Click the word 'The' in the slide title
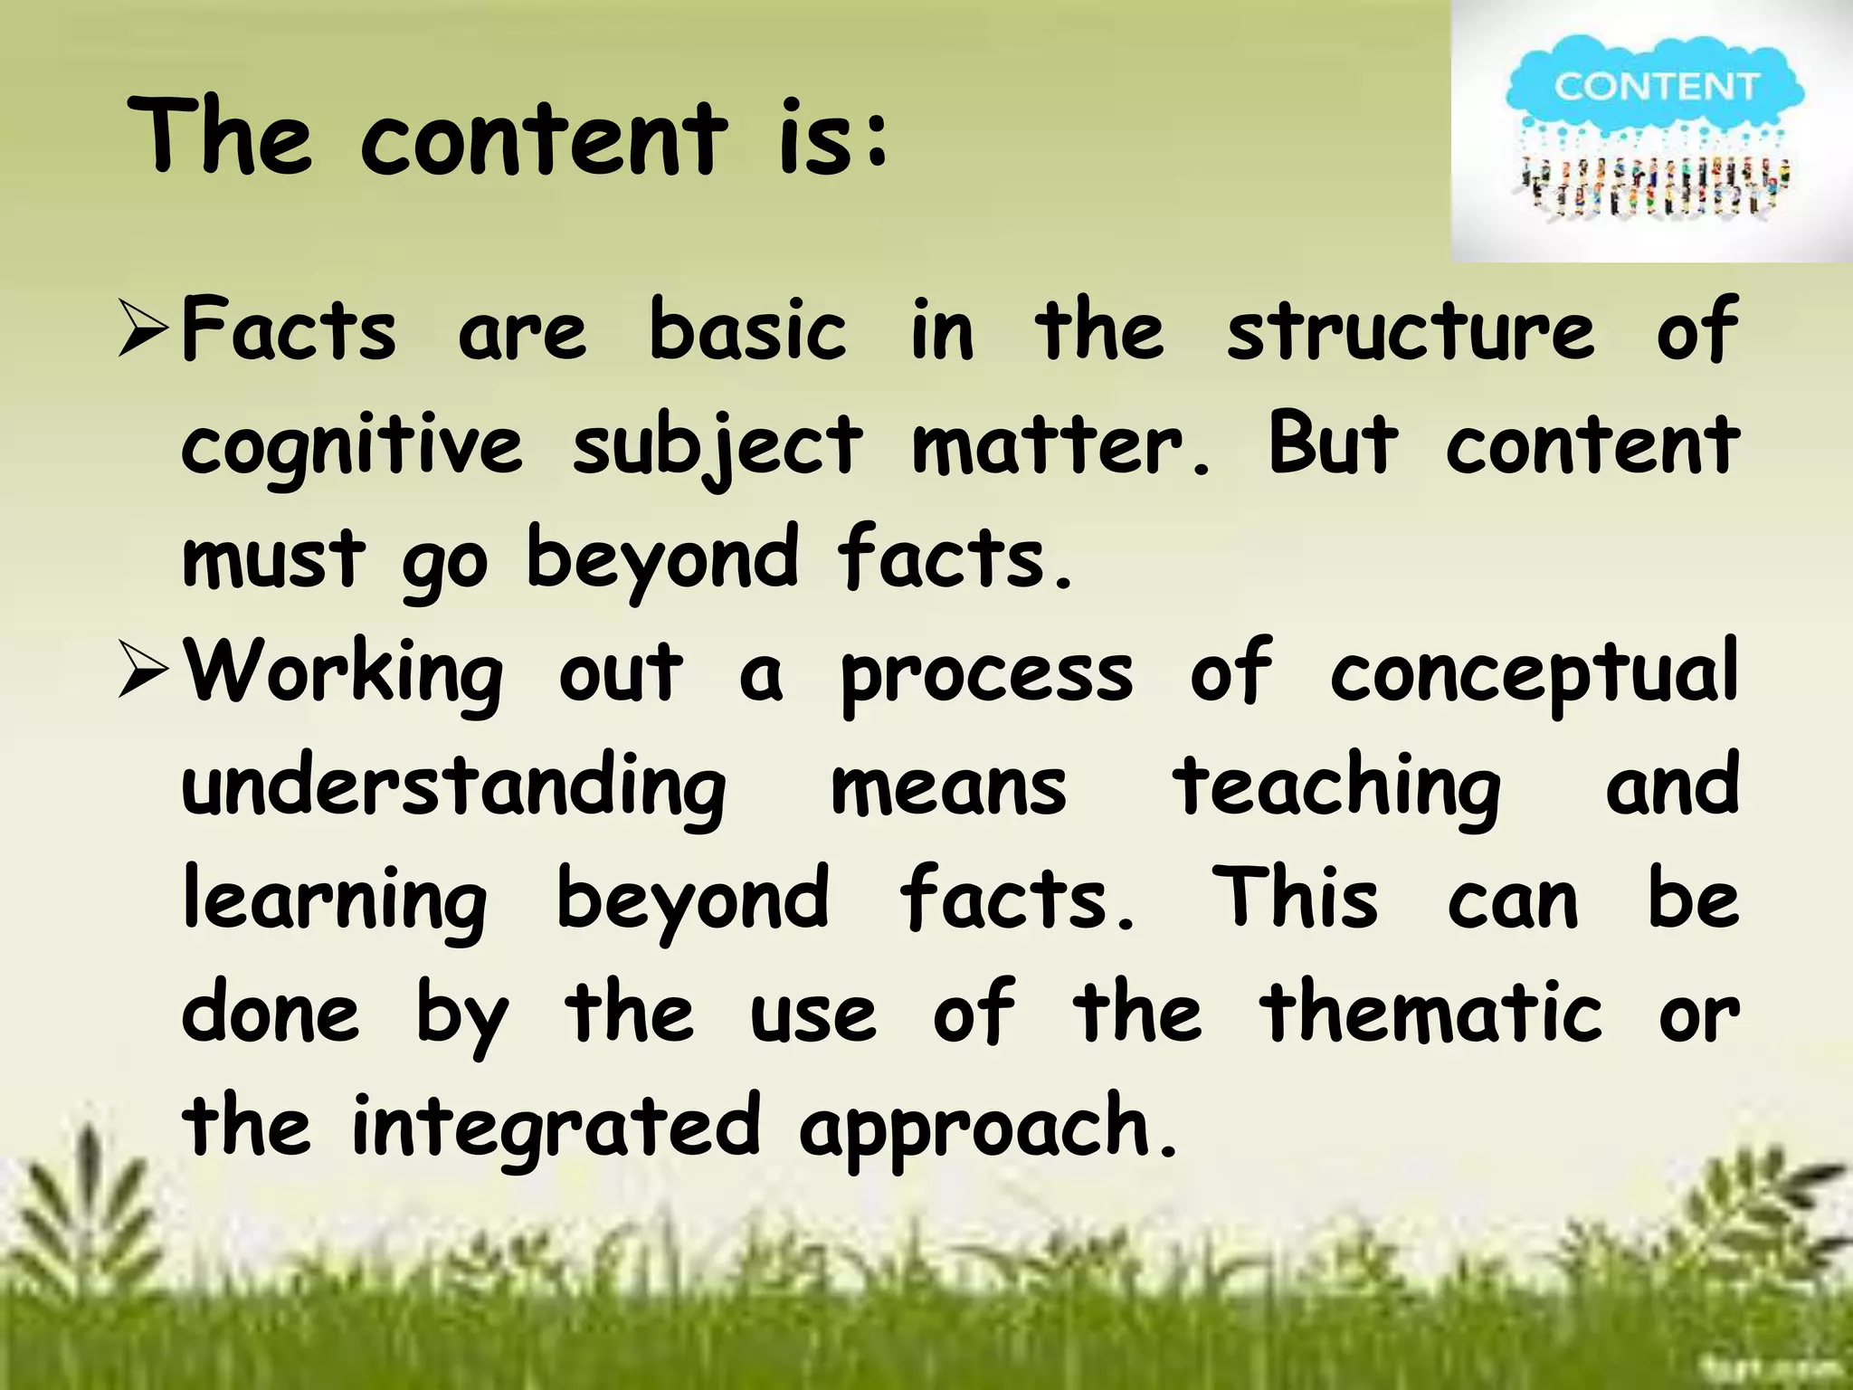221,138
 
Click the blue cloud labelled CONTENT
1655,87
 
